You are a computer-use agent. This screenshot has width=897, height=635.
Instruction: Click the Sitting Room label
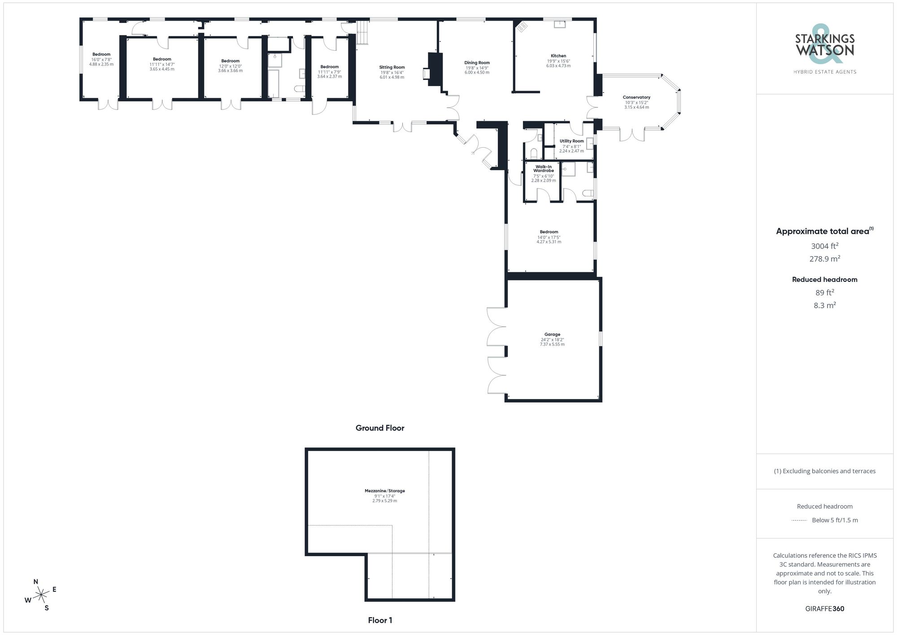coord(392,67)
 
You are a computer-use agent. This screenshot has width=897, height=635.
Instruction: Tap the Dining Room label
coord(477,63)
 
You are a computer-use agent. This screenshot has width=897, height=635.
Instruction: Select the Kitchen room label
coord(558,56)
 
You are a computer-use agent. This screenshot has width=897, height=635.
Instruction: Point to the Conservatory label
coord(636,97)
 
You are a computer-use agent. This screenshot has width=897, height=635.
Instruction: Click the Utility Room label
coord(572,141)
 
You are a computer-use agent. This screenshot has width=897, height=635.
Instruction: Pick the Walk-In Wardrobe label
coord(544,169)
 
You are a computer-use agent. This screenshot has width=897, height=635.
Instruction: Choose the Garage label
coord(552,334)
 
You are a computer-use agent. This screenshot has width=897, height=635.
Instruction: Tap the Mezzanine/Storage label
coord(384,491)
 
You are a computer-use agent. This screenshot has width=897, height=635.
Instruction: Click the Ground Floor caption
coord(380,428)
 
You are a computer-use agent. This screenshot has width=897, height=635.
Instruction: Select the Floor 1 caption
coord(380,620)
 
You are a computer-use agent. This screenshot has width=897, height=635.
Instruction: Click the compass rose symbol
coord(41,595)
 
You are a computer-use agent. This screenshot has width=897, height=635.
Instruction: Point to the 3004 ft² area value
coord(825,246)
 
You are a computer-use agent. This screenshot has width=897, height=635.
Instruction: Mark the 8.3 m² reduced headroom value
coord(825,306)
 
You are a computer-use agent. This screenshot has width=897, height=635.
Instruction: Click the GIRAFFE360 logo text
coord(825,609)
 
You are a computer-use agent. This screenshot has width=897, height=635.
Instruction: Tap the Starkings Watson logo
coord(825,49)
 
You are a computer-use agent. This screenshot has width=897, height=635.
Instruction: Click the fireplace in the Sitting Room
coord(426,74)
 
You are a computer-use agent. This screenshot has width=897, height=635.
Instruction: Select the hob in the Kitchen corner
coord(521,27)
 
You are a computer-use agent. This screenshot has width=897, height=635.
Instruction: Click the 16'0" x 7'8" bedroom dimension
coord(101,60)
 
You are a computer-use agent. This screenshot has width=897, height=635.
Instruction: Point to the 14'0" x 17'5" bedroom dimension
coord(549,237)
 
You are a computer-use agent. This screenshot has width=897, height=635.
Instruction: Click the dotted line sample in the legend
coord(799,521)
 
